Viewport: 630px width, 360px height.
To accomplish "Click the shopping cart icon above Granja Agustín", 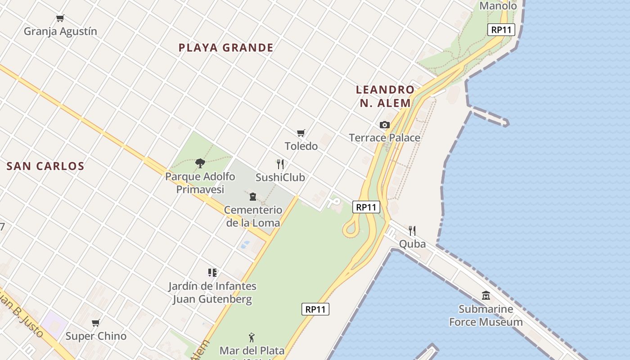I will coord(60,18).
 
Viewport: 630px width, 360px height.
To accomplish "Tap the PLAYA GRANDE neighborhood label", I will coord(226,48).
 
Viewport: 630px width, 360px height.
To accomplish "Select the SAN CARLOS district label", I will coord(45,166).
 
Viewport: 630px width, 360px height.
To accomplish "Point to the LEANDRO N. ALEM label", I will coord(385,96).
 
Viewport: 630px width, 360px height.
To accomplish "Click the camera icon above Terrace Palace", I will coord(384,125).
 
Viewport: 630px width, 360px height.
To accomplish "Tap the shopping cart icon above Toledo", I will coord(301,133).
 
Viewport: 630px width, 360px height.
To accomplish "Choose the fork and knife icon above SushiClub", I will coord(280,164).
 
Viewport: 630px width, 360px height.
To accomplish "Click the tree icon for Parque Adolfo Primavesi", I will coord(200,163).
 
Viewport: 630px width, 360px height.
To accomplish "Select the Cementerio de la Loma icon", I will coord(253,197).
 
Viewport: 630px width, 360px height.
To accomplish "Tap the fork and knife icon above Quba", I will coord(412,231).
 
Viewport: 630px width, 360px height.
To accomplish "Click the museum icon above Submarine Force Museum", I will coord(486,296).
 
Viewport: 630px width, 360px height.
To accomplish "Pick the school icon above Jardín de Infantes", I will coord(212,273).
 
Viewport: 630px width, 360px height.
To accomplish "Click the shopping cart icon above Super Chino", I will coord(96,323).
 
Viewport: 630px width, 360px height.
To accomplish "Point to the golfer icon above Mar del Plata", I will coord(252,337).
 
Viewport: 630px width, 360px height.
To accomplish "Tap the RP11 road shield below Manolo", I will coord(501,30).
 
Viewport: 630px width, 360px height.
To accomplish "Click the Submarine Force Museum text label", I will coord(486,315).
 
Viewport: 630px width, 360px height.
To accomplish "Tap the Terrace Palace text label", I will coord(385,138).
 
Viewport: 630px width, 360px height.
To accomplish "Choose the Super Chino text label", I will coord(96,336).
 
